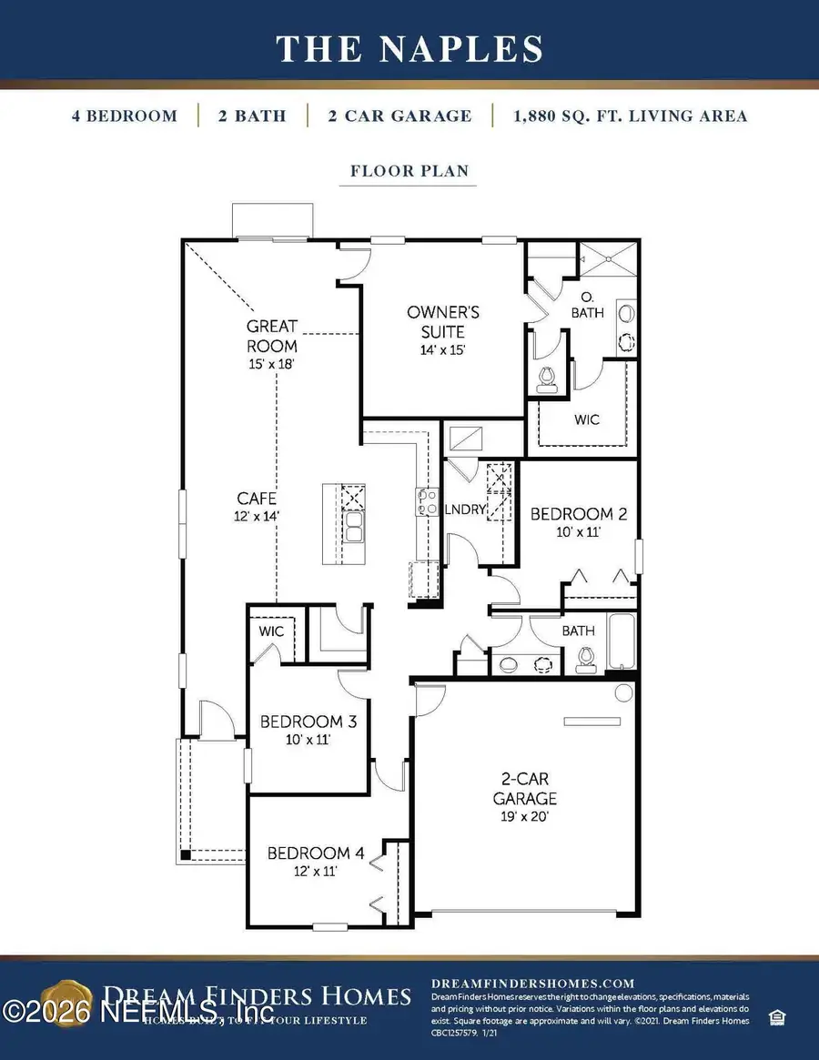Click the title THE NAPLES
pos(409,48)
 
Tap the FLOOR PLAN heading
pos(409,170)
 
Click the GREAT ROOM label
pos(271,336)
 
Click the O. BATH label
pos(587,304)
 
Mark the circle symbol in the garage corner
pos(623,693)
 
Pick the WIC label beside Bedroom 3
pos(271,631)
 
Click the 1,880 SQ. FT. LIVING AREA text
pos(629,116)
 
